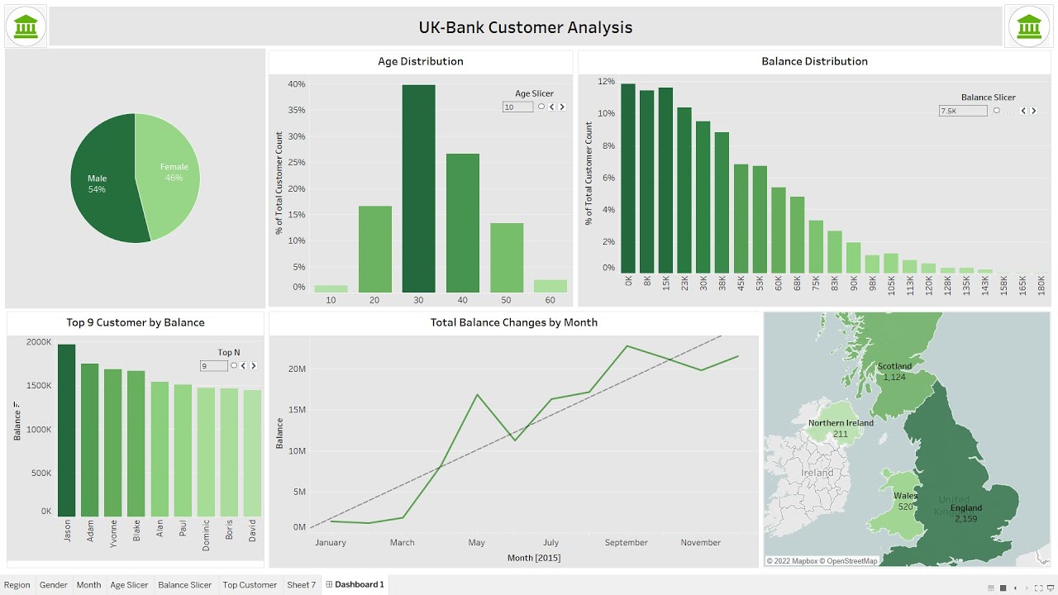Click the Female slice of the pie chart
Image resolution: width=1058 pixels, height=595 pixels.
pyautogui.click(x=169, y=174)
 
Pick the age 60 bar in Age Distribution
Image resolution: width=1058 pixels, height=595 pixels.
pyautogui.click(x=550, y=286)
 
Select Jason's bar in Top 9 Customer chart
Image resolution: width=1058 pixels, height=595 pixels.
pyautogui.click(x=66, y=430)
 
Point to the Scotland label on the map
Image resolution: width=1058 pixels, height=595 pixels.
pyautogui.click(x=894, y=366)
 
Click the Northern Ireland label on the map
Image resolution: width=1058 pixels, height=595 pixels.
pyautogui.click(x=841, y=423)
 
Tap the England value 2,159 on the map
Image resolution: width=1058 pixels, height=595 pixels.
pyautogui.click(x=965, y=519)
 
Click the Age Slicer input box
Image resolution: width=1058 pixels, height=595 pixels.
pyautogui.click(x=517, y=107)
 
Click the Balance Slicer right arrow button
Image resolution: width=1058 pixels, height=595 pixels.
pyautogui.click(x=1033, y=111)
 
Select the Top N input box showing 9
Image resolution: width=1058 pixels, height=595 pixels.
pyautogui.click(x=213, y=366)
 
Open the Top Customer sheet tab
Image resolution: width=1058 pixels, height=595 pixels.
pyautogui.click(x=250, y=585)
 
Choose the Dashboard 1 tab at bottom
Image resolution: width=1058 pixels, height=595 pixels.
pyautogui.click(x=355, y=585)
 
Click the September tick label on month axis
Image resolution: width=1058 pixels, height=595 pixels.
pyautogui.click(x=626, y=543)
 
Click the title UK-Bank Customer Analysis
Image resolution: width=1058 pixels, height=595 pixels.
pyautogui.click(x=525, y=27)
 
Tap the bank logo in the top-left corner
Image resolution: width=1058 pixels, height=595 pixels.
pyautogui.click(x=26, y=26)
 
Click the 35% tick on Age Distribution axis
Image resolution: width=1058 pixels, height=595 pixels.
pyautogui.click(x=296, y=110)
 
